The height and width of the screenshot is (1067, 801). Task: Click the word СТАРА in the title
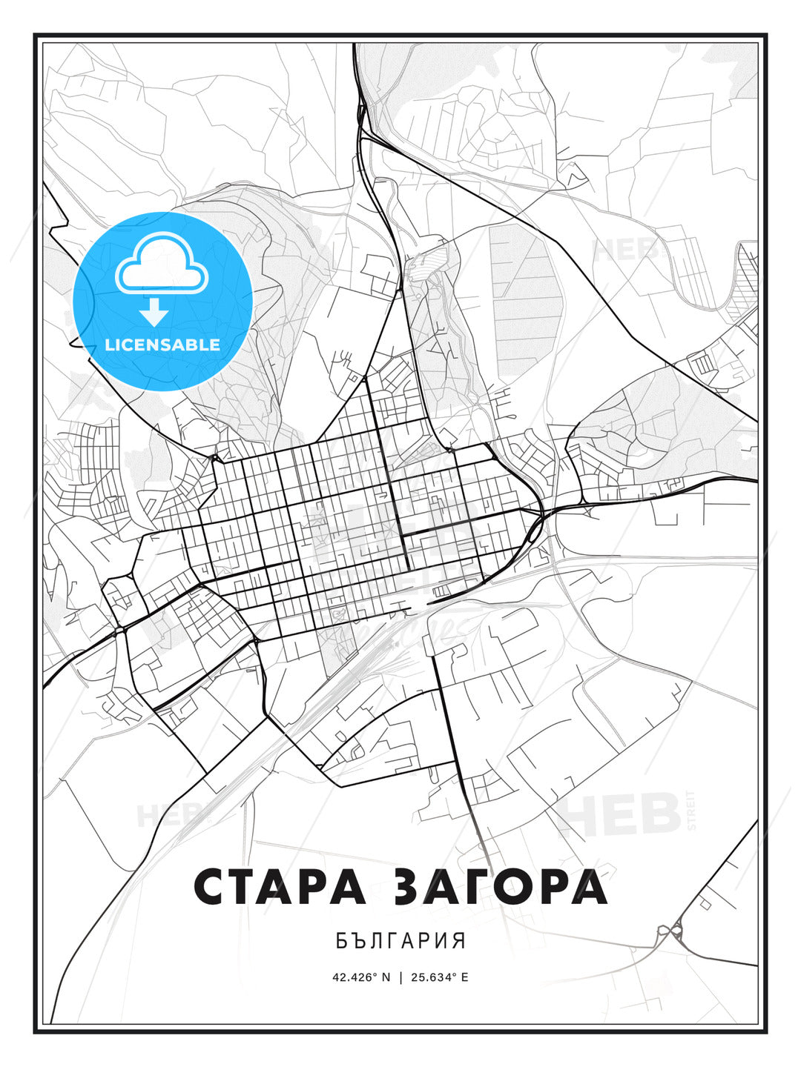click(280, 886)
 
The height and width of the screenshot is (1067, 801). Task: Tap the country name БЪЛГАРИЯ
click(400, 941)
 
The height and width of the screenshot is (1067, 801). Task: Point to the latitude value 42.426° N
click(361, 977)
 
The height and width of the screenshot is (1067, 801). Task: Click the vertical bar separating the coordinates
click(401, 977)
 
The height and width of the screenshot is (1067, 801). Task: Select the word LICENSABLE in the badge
click(162, 345)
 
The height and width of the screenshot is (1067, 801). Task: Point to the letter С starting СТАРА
click(210, 886)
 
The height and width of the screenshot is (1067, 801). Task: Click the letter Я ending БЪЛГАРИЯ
click(460, 941)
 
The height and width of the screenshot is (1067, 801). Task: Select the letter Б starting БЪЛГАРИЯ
click(341, 941)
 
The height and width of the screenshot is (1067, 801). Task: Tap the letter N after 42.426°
click(386, 977)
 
